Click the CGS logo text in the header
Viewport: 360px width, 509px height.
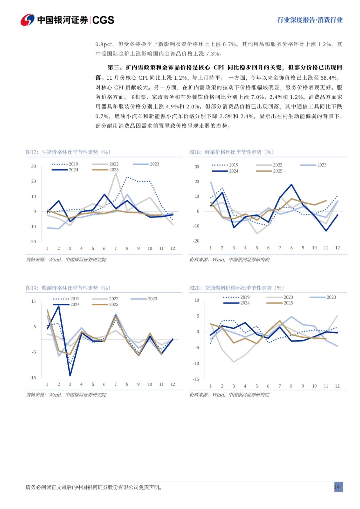[x=103, y=20]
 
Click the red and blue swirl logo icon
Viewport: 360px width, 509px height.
[x=27, y=20]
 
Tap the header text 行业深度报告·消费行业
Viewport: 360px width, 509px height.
[x=310, y=20]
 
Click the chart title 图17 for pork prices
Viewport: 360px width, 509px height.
[x=68, y=152]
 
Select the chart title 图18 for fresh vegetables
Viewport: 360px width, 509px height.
[x=231, y=152]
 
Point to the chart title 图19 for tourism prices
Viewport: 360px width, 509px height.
[x=68, y=288]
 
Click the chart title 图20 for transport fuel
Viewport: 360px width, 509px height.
[x=236, y=288]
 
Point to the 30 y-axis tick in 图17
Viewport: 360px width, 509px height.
[x=34, y=166]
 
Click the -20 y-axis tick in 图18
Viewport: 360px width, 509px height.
[x=196, y=241]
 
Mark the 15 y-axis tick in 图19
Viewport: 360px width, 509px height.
[x=34, y=301]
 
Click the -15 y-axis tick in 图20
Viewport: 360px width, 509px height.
[x=196, y=379]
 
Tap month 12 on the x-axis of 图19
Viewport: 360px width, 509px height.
[x=173, y=384]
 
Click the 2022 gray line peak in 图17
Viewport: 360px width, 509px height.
[x=116, y=173]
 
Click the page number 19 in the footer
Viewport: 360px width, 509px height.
[x=337, y=487]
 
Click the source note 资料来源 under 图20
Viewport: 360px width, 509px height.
[x=229, y=395]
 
